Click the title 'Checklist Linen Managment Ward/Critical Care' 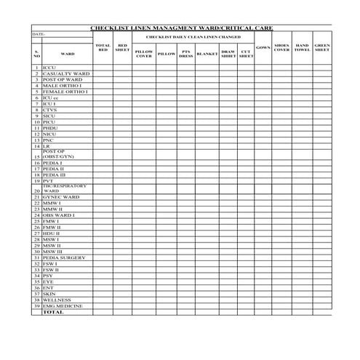tap(181, 28)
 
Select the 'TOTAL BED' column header tap(103, 48)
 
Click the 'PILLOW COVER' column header tap(144, 53)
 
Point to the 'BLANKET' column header tap(207, 53)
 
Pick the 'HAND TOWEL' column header tap(302, 48)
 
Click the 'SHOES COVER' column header tap(281, 48)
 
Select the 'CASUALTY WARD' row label tap(66, 73)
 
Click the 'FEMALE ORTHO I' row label tap(65, 92)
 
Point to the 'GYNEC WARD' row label tap(61, 197)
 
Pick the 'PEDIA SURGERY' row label tap(65, 257)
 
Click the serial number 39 tap(36, 305)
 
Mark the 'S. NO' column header tap(36, 53)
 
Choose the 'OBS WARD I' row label tap(59, 215)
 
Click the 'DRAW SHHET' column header tap(228, 53)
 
